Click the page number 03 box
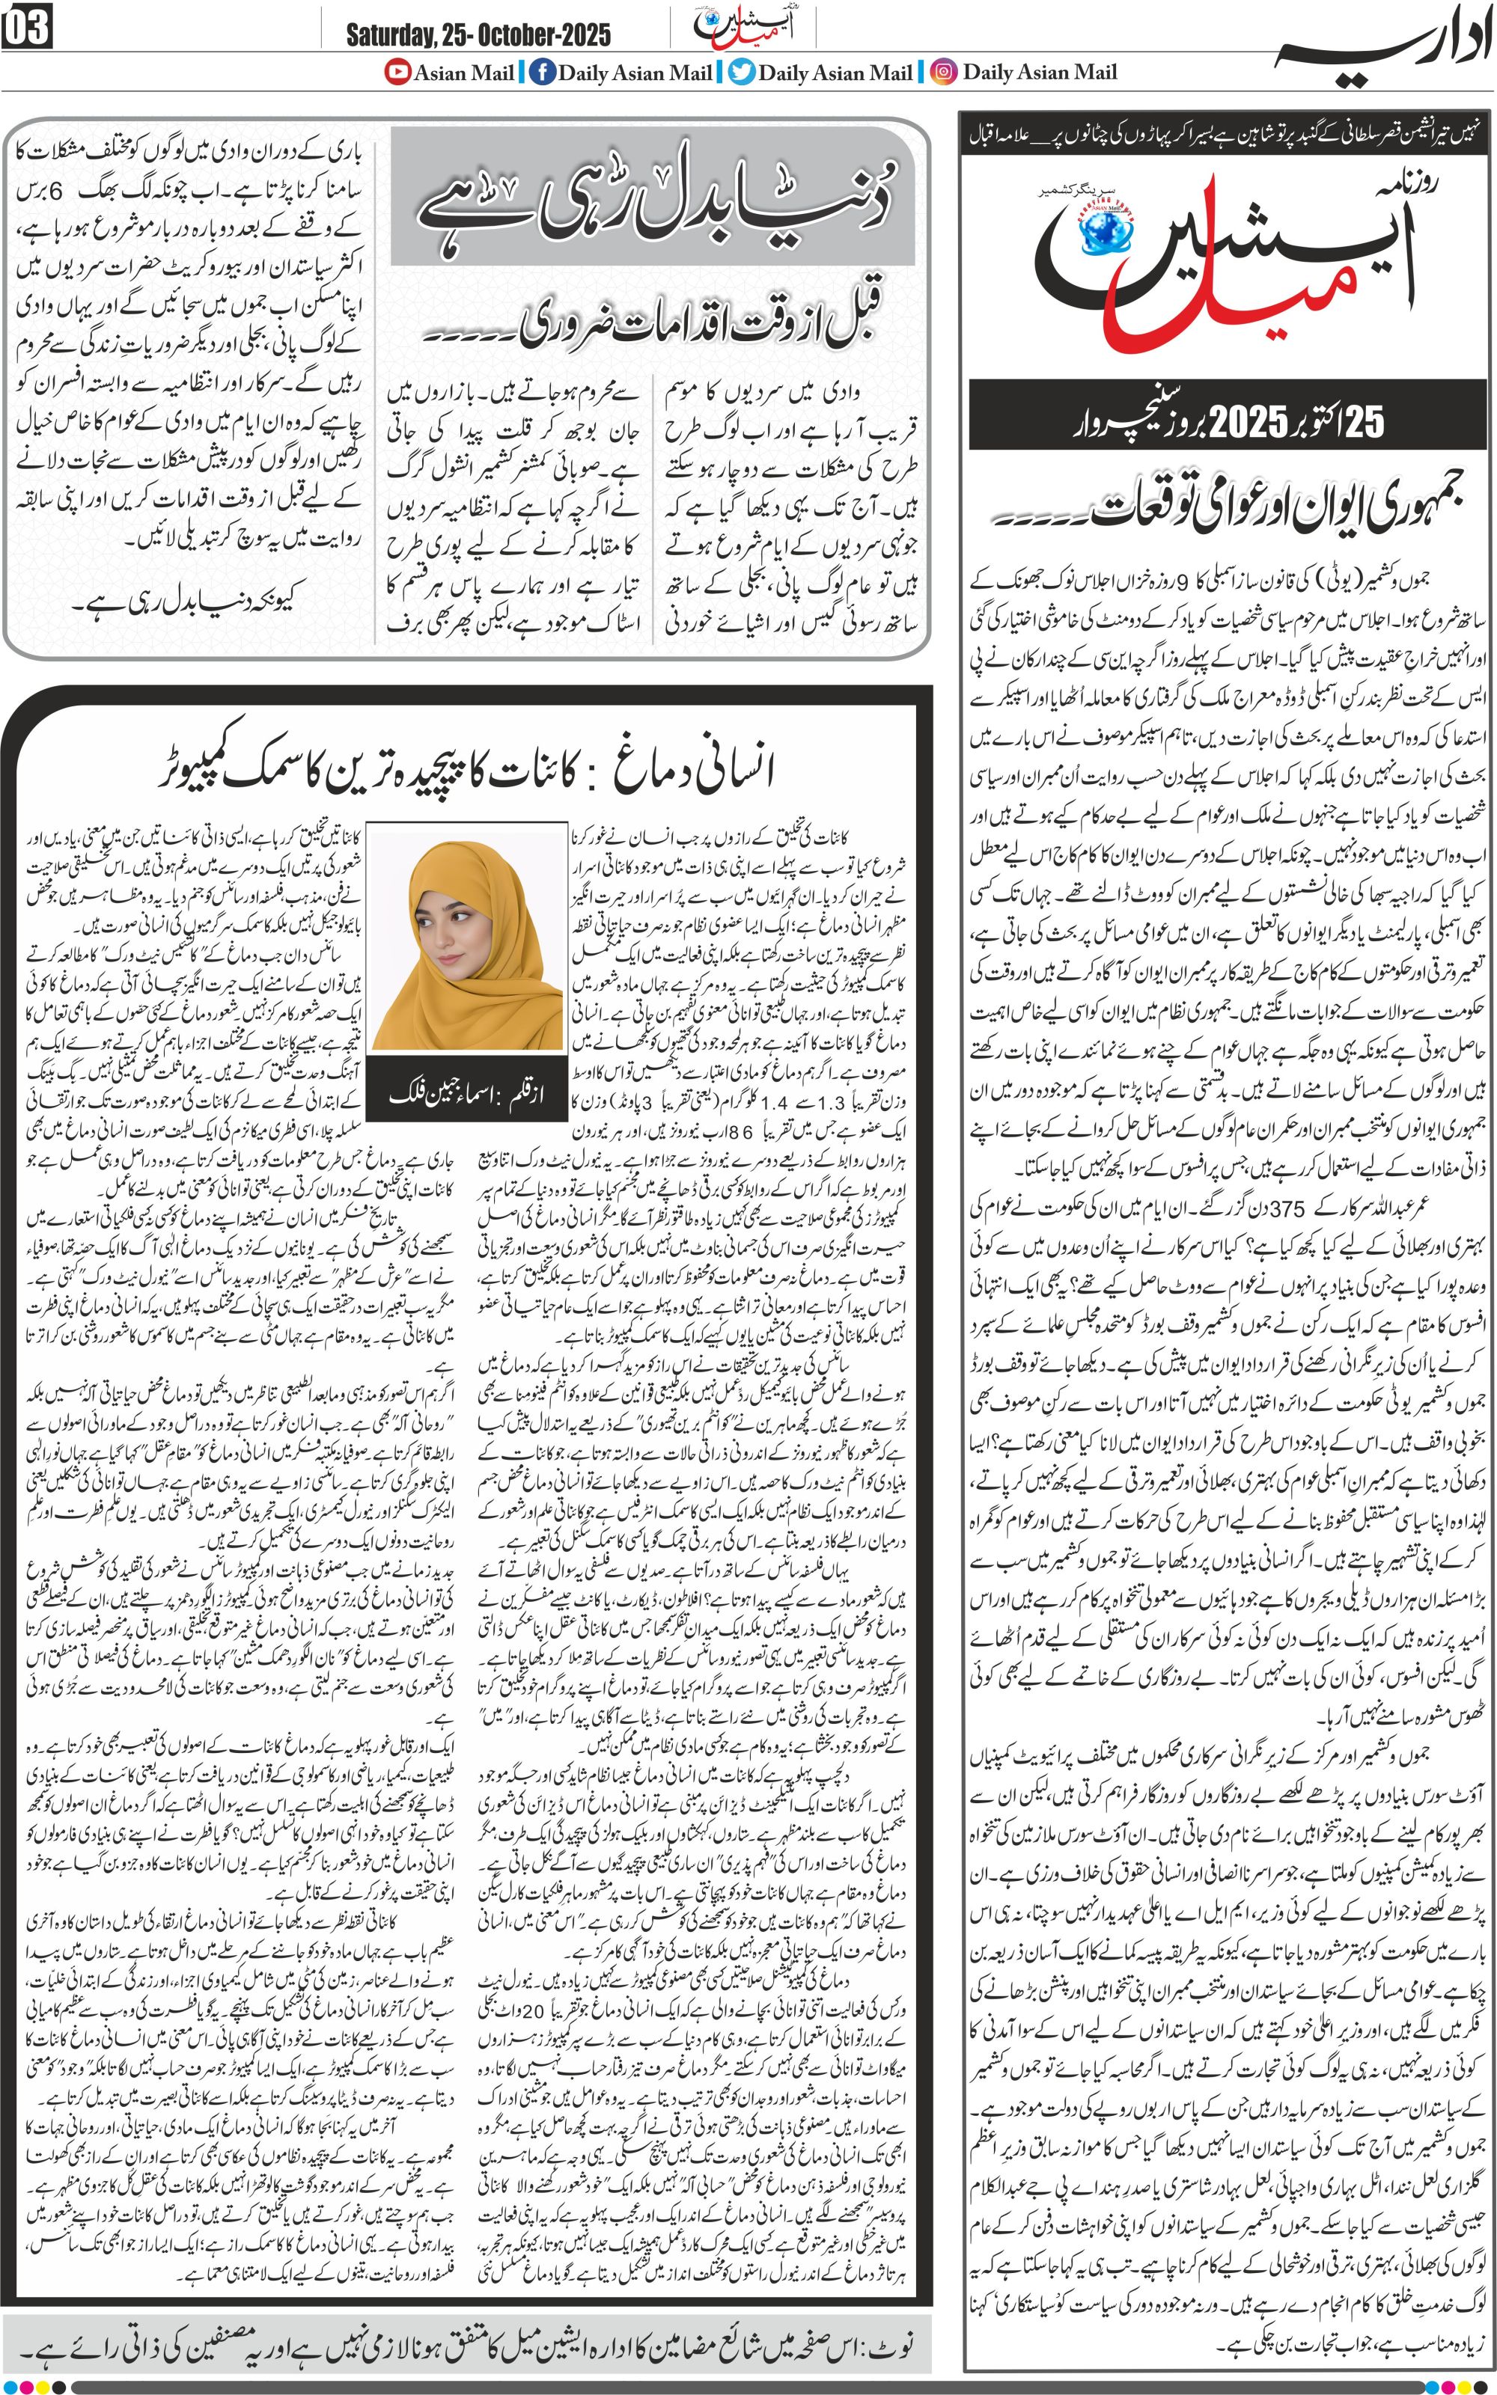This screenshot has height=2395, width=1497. [x=27, y=30]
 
